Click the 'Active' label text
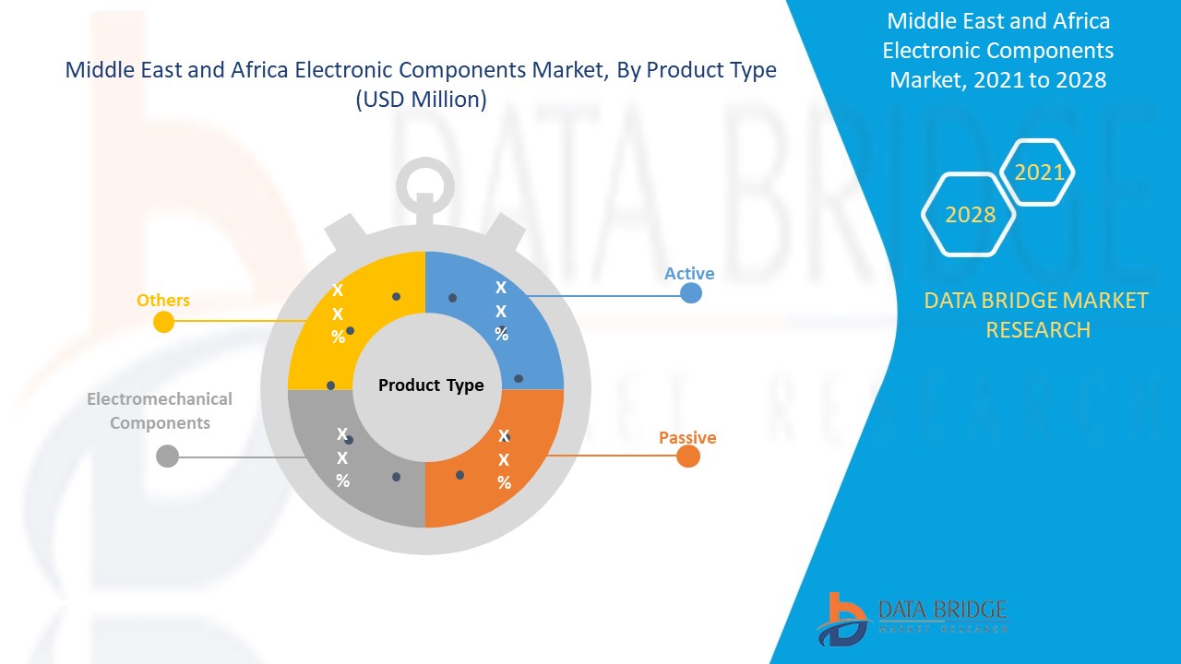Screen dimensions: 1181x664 click(x=689, y=274)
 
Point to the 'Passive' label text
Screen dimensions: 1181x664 click(x=687, y=437)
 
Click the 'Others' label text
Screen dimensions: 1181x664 click(x=163, y=301)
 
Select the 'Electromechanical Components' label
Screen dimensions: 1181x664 click(x=160, y=411)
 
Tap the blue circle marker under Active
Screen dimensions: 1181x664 click(x=691, y=293)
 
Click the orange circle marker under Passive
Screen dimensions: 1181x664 click(x=688, y=456)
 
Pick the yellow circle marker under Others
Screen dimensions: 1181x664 click(x=163, y=322)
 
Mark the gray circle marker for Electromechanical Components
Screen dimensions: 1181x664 click(x=168, y=456)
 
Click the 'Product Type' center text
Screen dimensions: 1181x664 click(x=431, y=385)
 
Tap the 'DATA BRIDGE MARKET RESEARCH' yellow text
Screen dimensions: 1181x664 click(x=1036, y=315)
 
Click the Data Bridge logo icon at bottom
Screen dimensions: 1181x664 click(x=842, y=620)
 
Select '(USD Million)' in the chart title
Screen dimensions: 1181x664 click(x=421, y=99)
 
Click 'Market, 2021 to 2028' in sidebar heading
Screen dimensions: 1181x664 click(x=998, y=80)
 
